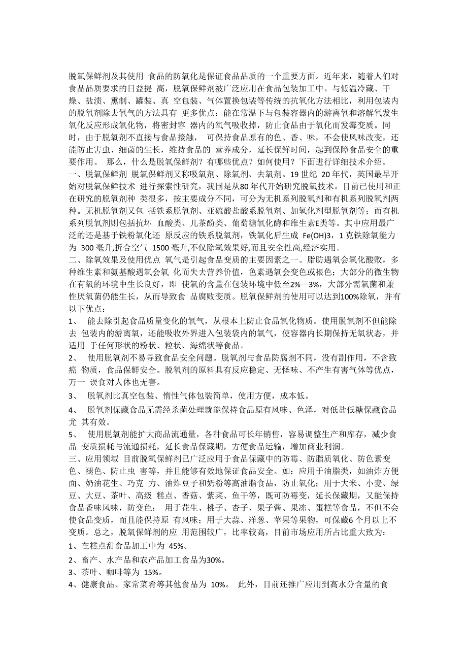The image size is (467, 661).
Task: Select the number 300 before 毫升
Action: click(x=89, y=249)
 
